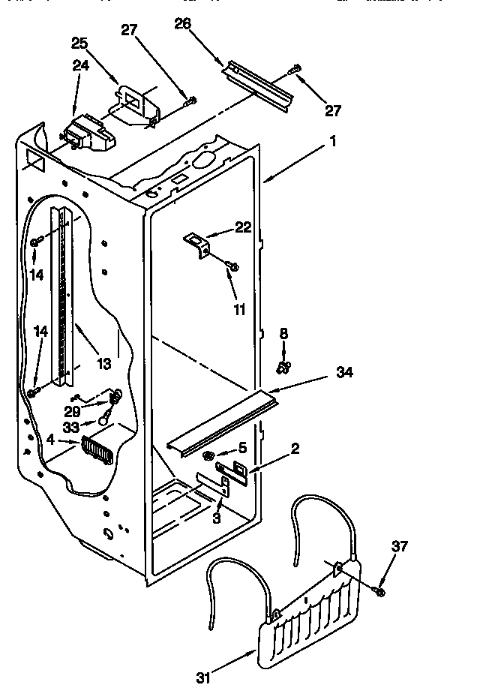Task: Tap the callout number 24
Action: (79, 66)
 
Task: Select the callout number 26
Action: (183, 24)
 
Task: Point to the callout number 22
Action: (243, 227)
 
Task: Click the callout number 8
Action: (283, 333)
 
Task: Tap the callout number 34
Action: (345, 371)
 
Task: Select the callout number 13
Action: (103, 364)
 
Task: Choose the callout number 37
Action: (400, 546)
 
